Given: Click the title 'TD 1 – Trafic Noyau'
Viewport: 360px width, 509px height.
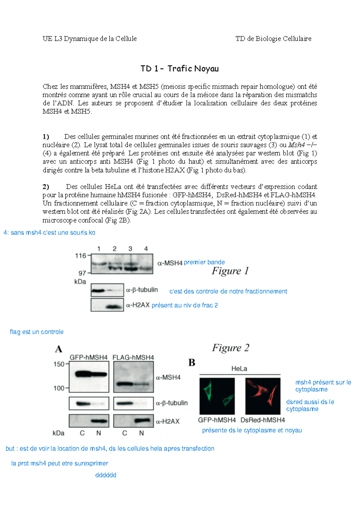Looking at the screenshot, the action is (179, 69).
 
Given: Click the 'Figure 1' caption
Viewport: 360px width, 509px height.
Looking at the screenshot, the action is (230, 271).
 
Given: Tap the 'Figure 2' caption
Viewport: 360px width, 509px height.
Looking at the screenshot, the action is (230, 348).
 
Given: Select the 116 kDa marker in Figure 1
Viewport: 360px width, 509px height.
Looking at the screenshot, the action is (80, 256).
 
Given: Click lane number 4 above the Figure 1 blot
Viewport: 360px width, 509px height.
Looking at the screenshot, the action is (146, 249).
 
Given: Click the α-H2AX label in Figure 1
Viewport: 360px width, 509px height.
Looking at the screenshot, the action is (138, 305).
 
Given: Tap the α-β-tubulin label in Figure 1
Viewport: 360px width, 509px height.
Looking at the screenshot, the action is (142, 290).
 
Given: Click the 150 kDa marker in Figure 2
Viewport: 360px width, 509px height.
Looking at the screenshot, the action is (59, 364).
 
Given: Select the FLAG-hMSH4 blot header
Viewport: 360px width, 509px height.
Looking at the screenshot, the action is (133, 357).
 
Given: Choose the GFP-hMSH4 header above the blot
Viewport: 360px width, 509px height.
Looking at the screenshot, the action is (88, 357).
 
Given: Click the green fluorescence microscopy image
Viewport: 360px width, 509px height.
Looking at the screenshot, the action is (217, 396).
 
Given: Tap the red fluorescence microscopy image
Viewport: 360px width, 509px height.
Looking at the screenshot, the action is (263, 396).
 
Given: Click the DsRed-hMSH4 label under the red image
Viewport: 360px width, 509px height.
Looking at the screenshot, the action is (262, 420).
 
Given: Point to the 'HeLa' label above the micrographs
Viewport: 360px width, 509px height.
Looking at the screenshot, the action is (239, 369).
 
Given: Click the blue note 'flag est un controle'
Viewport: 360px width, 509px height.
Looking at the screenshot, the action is (37, 332).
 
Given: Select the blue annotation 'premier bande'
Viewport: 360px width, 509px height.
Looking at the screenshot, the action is (204, 262).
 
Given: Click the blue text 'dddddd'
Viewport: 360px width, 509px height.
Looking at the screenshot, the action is (106, 475).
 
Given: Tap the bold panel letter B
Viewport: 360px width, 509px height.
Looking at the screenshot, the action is (192, 363).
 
